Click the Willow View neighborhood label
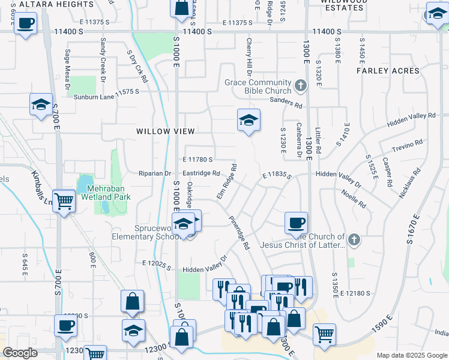[166, 131]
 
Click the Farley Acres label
[388, 71]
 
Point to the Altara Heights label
[56, 4]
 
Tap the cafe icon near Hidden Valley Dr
[295, 223]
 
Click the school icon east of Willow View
[249, 120]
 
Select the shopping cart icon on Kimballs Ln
[64, 201]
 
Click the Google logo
[20, 352]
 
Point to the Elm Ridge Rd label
[228, 182]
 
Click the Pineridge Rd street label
[239, 233]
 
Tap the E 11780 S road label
[198, 160]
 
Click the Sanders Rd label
[286, 103]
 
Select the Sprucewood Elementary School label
[157, 232]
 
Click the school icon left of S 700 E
[41, 104]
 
